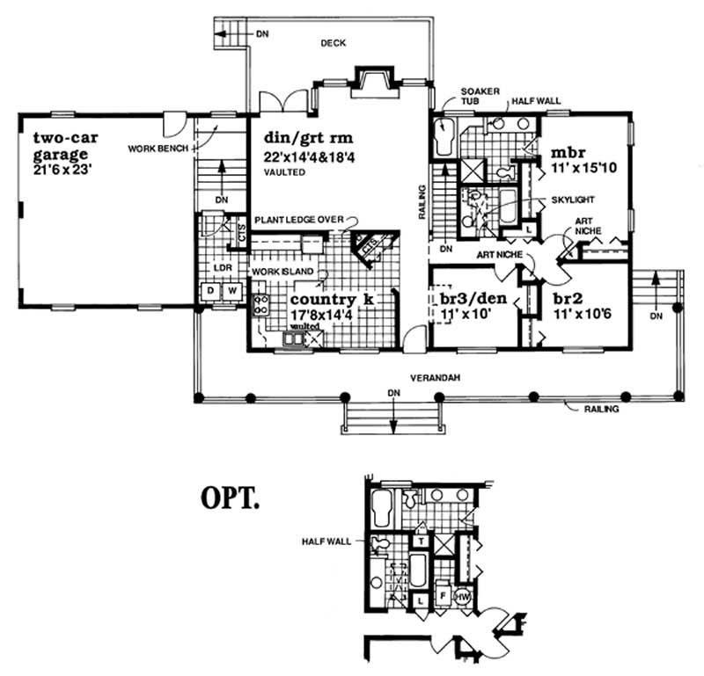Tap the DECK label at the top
332,41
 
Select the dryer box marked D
210,290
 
